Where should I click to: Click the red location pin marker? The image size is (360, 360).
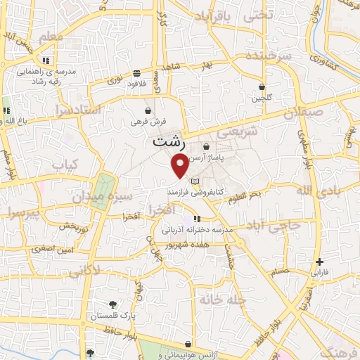[x=180, y=166]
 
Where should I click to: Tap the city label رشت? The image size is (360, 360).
[x=169, y=141]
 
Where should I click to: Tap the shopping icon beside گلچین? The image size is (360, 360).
[x=262, y=87]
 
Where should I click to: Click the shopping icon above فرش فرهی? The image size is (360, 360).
[x=148, y=110]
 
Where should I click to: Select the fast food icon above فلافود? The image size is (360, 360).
[x=136, y=73]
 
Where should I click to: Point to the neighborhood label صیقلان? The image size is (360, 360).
[x=304, y=111]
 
